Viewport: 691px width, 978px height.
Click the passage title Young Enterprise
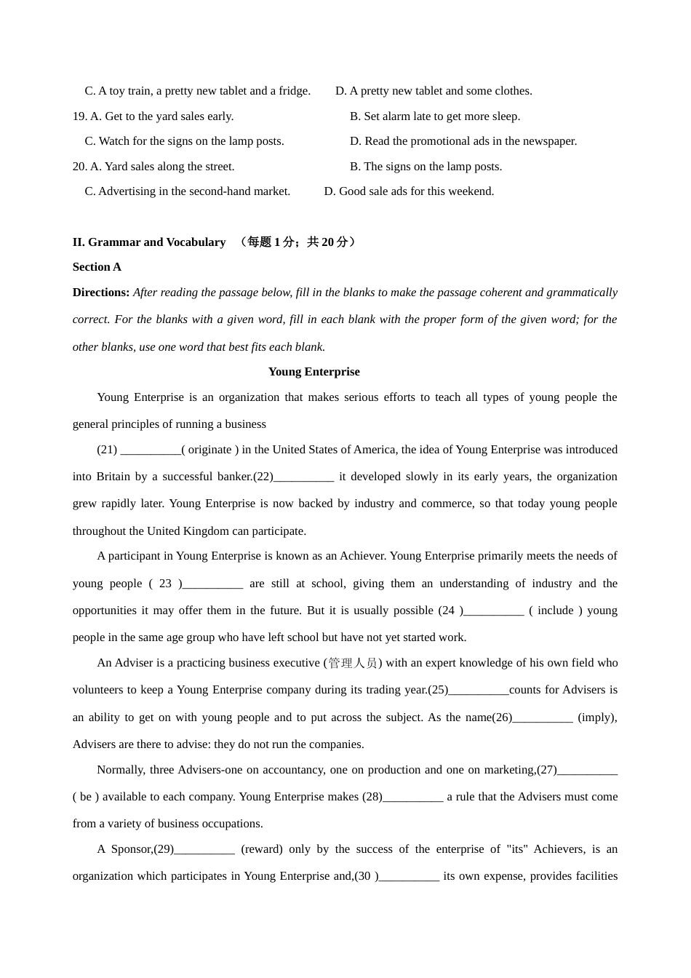[x=313, y=372]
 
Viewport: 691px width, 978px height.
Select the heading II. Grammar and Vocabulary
[x=149, y=242]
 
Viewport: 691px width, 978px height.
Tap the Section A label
[x=97, y=267]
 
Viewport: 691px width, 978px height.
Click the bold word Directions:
[x=101, y=293]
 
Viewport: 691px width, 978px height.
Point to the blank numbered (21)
[x=151, y=450]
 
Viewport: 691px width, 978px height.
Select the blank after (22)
[x=304, y=477]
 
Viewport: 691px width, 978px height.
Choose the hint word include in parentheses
[x=556, y=611]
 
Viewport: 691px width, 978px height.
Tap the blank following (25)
[x=479, y=691]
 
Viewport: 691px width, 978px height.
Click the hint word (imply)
[x=597, y=717]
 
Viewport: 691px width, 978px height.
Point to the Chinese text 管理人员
[x=353, y=663]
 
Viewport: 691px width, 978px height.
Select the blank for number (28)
[x=412, y=798]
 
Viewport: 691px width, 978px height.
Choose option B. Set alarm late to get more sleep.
[x=435, y=116]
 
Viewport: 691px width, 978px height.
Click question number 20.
[x=79, y=167]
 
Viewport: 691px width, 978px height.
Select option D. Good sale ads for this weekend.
[x=409, y=191]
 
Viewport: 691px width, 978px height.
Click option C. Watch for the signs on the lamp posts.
[x=184, y=141]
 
